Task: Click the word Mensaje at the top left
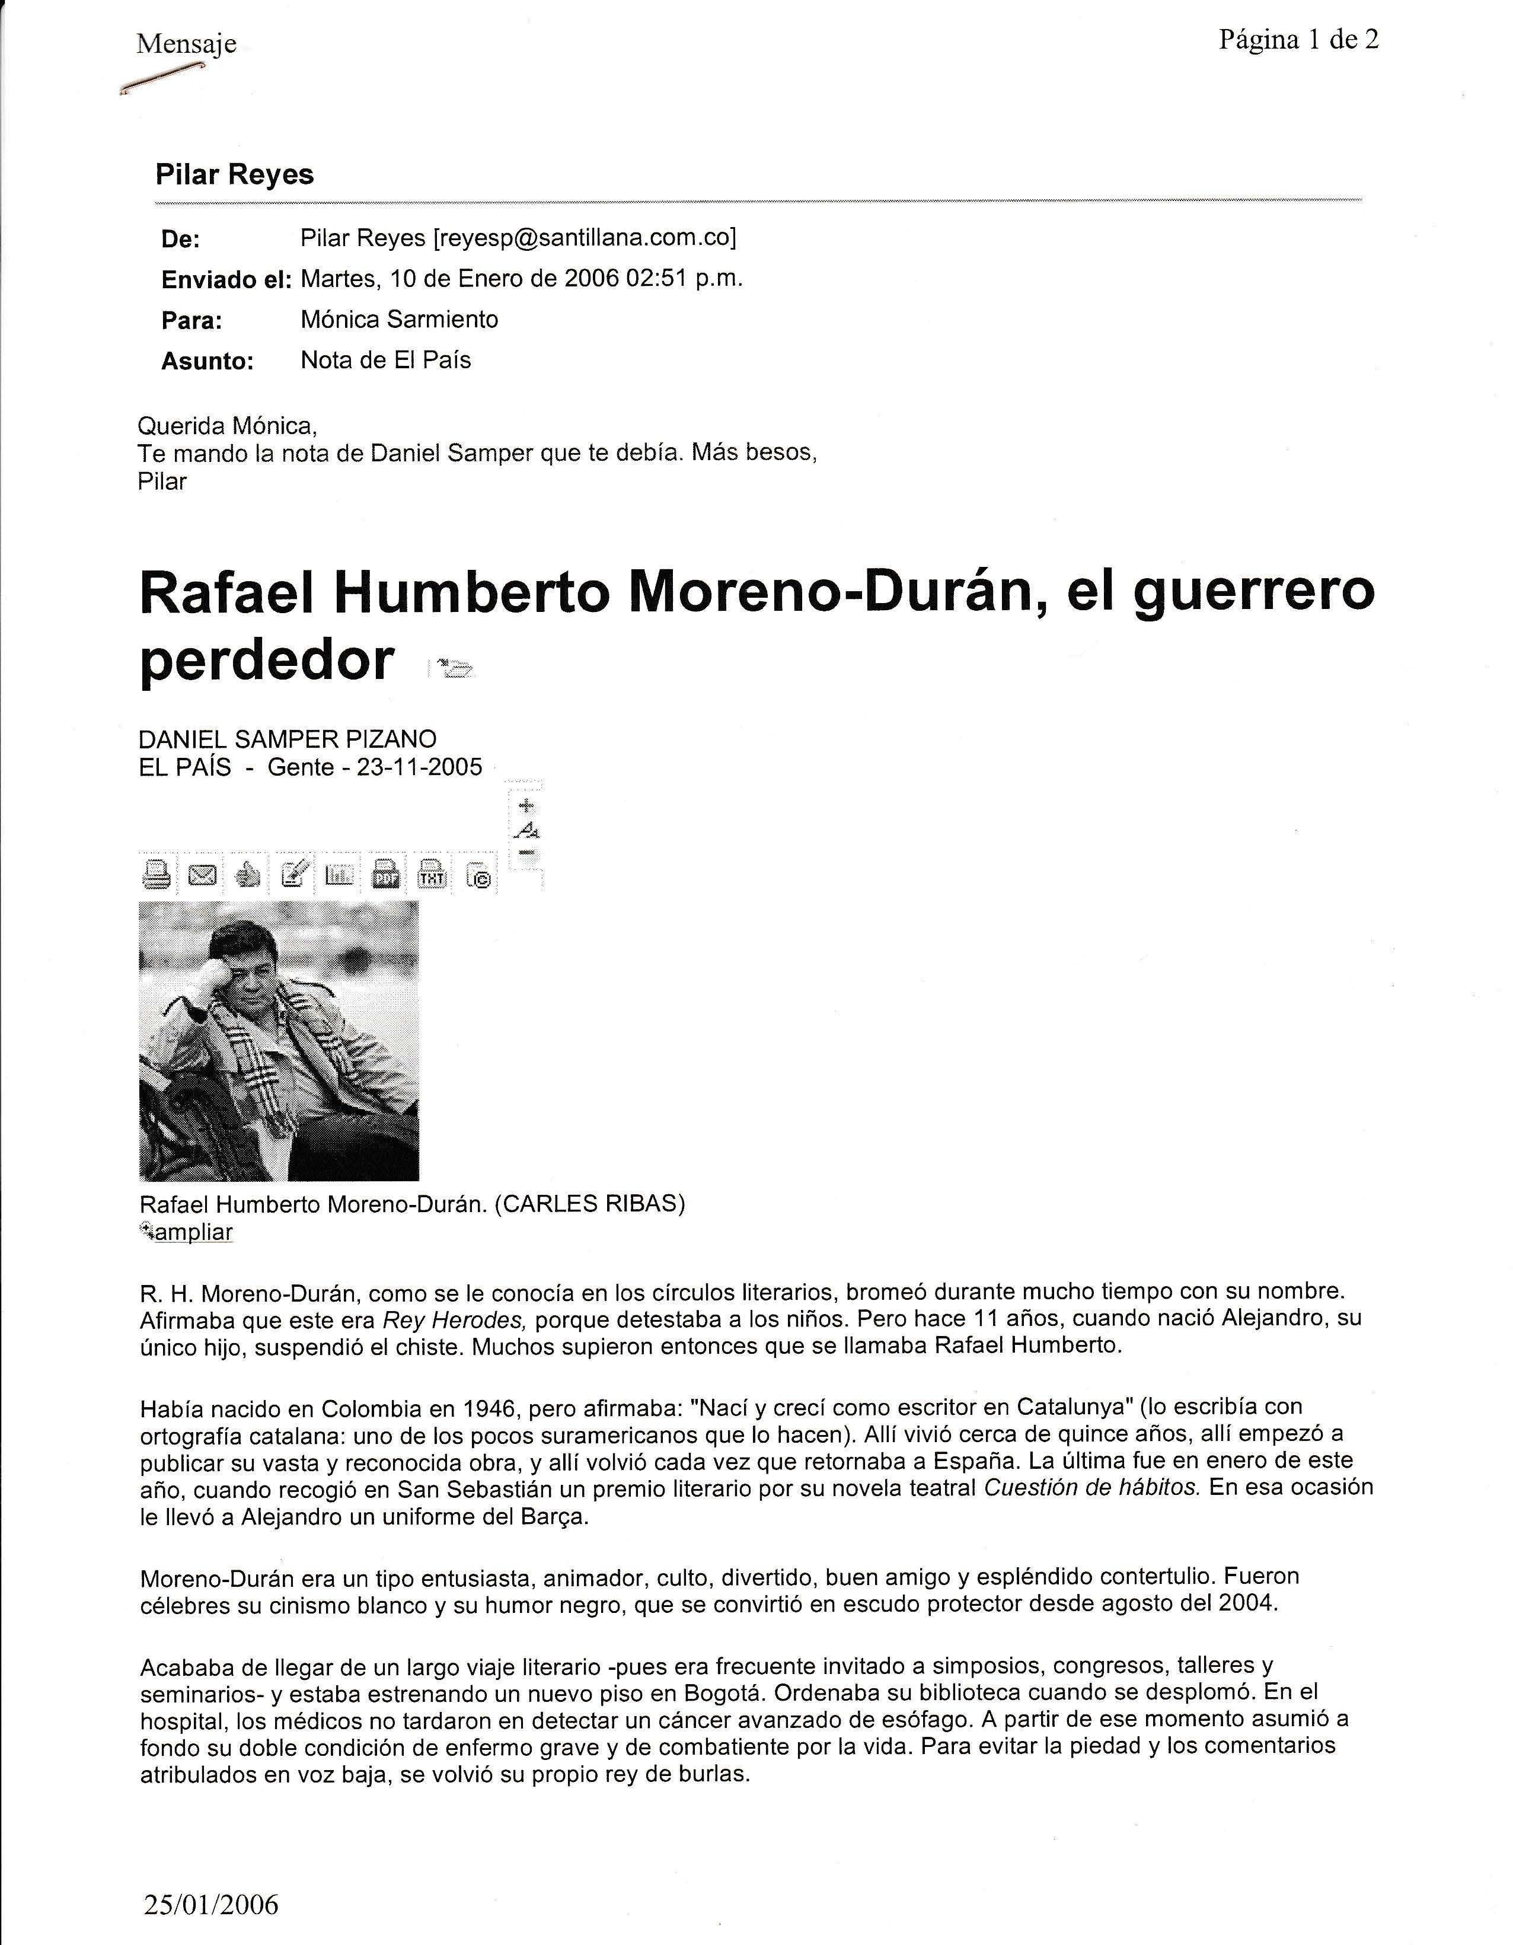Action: pyautogui.click(x=186, y=44)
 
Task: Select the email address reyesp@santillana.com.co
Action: pyautogui.click(x=584, y=238)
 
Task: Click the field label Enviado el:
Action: pyautogui.click(x=226, y=280)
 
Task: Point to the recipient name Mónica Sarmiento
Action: pyautogui.click(x=399, y=319)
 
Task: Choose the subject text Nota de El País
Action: pyautogui.click(x=385, y=360)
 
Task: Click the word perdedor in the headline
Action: pyautogui.click(x=266, y=660)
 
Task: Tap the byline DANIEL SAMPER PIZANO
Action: pyautogui.click(x=288, y=738)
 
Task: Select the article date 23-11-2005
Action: pyautogui.click(x=419, y=767)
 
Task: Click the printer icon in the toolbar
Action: pyautogui.click(x=157, y=875)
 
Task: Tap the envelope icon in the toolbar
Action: pyautogui.click(x=203, y=875)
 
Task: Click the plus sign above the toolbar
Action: pyautogui.click(x=526, y=806)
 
